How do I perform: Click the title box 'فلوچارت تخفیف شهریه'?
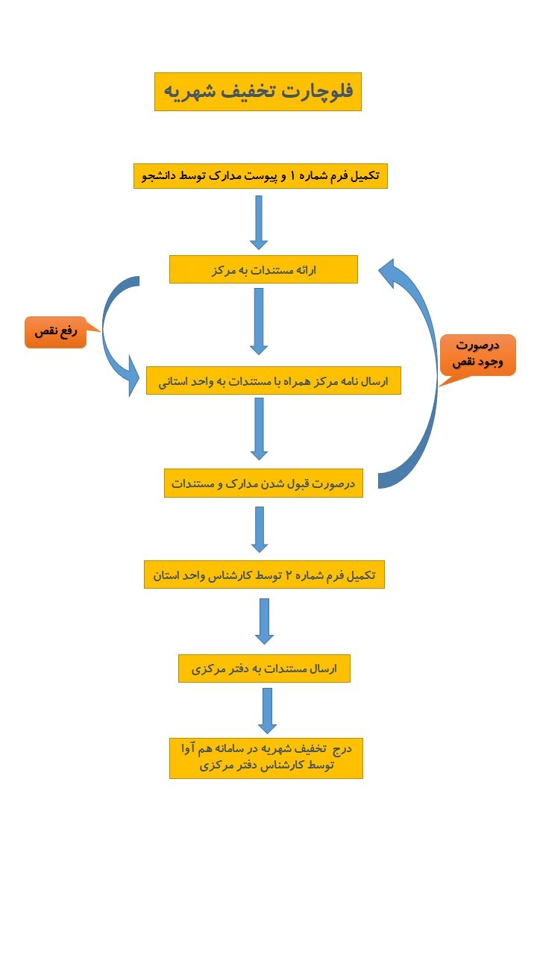(257, 91)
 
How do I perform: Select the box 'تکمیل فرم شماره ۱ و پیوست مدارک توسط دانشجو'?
(260, 176)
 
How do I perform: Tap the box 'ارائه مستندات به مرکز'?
(263, 269)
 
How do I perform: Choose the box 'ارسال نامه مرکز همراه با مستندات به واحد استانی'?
(273, 381)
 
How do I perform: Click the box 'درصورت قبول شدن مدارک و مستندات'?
(263, 483)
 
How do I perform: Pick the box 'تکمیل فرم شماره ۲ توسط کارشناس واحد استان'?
(264, 574)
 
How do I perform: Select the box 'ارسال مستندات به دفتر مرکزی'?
(264, 668)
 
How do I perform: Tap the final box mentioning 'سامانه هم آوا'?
(266, 757)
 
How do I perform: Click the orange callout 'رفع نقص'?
(56, 331)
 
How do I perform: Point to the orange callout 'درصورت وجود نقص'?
(477, 354)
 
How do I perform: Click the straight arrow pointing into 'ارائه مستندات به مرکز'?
(259, 222)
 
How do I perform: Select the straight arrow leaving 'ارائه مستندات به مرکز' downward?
(259, 321)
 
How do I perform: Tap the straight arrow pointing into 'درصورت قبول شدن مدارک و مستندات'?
(259, 428)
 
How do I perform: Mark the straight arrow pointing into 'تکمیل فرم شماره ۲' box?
(260, 529)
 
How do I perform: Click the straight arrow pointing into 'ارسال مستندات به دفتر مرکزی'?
(264, 621)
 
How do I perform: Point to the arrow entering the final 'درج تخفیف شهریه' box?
(267, 710)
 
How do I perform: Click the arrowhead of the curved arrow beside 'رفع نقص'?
(134, 375)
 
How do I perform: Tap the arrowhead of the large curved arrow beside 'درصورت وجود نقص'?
(391, 272)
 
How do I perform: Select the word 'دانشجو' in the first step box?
(161, 176)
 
